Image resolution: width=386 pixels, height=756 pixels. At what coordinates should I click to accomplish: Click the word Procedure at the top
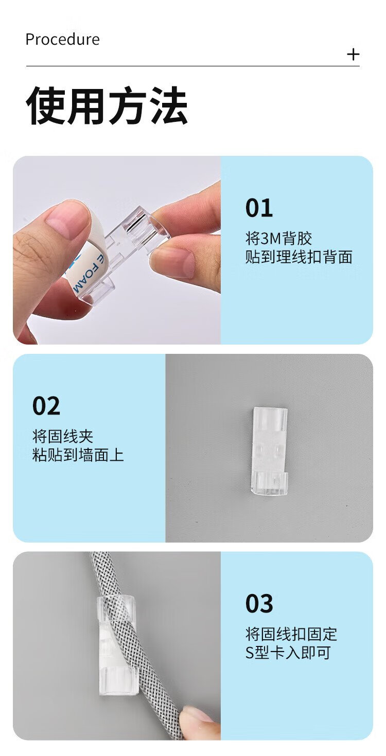coord(62,40)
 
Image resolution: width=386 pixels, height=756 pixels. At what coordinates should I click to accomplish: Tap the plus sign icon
coord(353,55)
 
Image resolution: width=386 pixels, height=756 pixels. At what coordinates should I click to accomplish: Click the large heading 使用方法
coord(107,105)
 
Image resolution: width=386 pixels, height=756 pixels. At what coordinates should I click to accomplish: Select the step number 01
coord(259,208)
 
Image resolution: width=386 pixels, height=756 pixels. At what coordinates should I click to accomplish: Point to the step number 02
coord(46,406)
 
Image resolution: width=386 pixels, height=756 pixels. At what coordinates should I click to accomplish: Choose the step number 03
coord(259,603)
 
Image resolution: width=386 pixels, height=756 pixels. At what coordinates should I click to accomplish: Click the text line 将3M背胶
coord(278,239)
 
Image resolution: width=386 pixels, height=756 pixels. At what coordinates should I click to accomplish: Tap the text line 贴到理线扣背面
coord(299,257)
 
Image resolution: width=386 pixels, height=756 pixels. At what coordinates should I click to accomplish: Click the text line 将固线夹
coord(62,437)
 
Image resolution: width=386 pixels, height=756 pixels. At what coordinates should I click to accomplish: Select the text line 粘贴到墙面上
coord(78,455)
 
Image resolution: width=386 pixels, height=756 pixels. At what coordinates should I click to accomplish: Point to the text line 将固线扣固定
coord(291,634)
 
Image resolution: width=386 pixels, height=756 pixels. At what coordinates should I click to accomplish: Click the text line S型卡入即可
coord(288,653)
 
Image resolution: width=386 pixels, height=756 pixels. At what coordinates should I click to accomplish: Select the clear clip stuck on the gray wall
coord(269,453)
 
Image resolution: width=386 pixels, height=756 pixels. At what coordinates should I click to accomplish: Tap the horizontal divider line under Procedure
coord(192,66)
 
